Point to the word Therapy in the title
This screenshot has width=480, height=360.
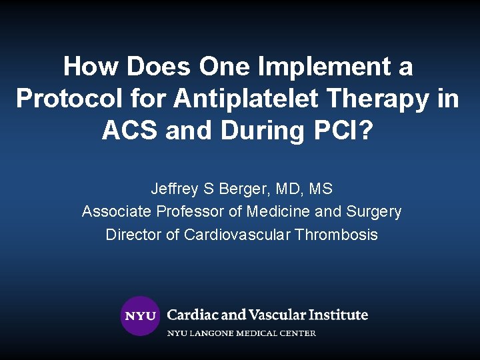pyautogui.click(x=379, y=99)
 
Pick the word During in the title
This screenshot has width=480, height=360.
pyautogui.click(x=263, y=131)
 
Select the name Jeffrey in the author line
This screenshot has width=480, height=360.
pyautogui.click(x=174, y=189)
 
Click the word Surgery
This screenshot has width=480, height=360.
pyautogui.click(x=373, y=212)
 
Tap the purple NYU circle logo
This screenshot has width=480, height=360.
pyautogui.click(x=140, y=316)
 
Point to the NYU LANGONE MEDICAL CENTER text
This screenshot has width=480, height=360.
pyautogui.click(x=241, y=333)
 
